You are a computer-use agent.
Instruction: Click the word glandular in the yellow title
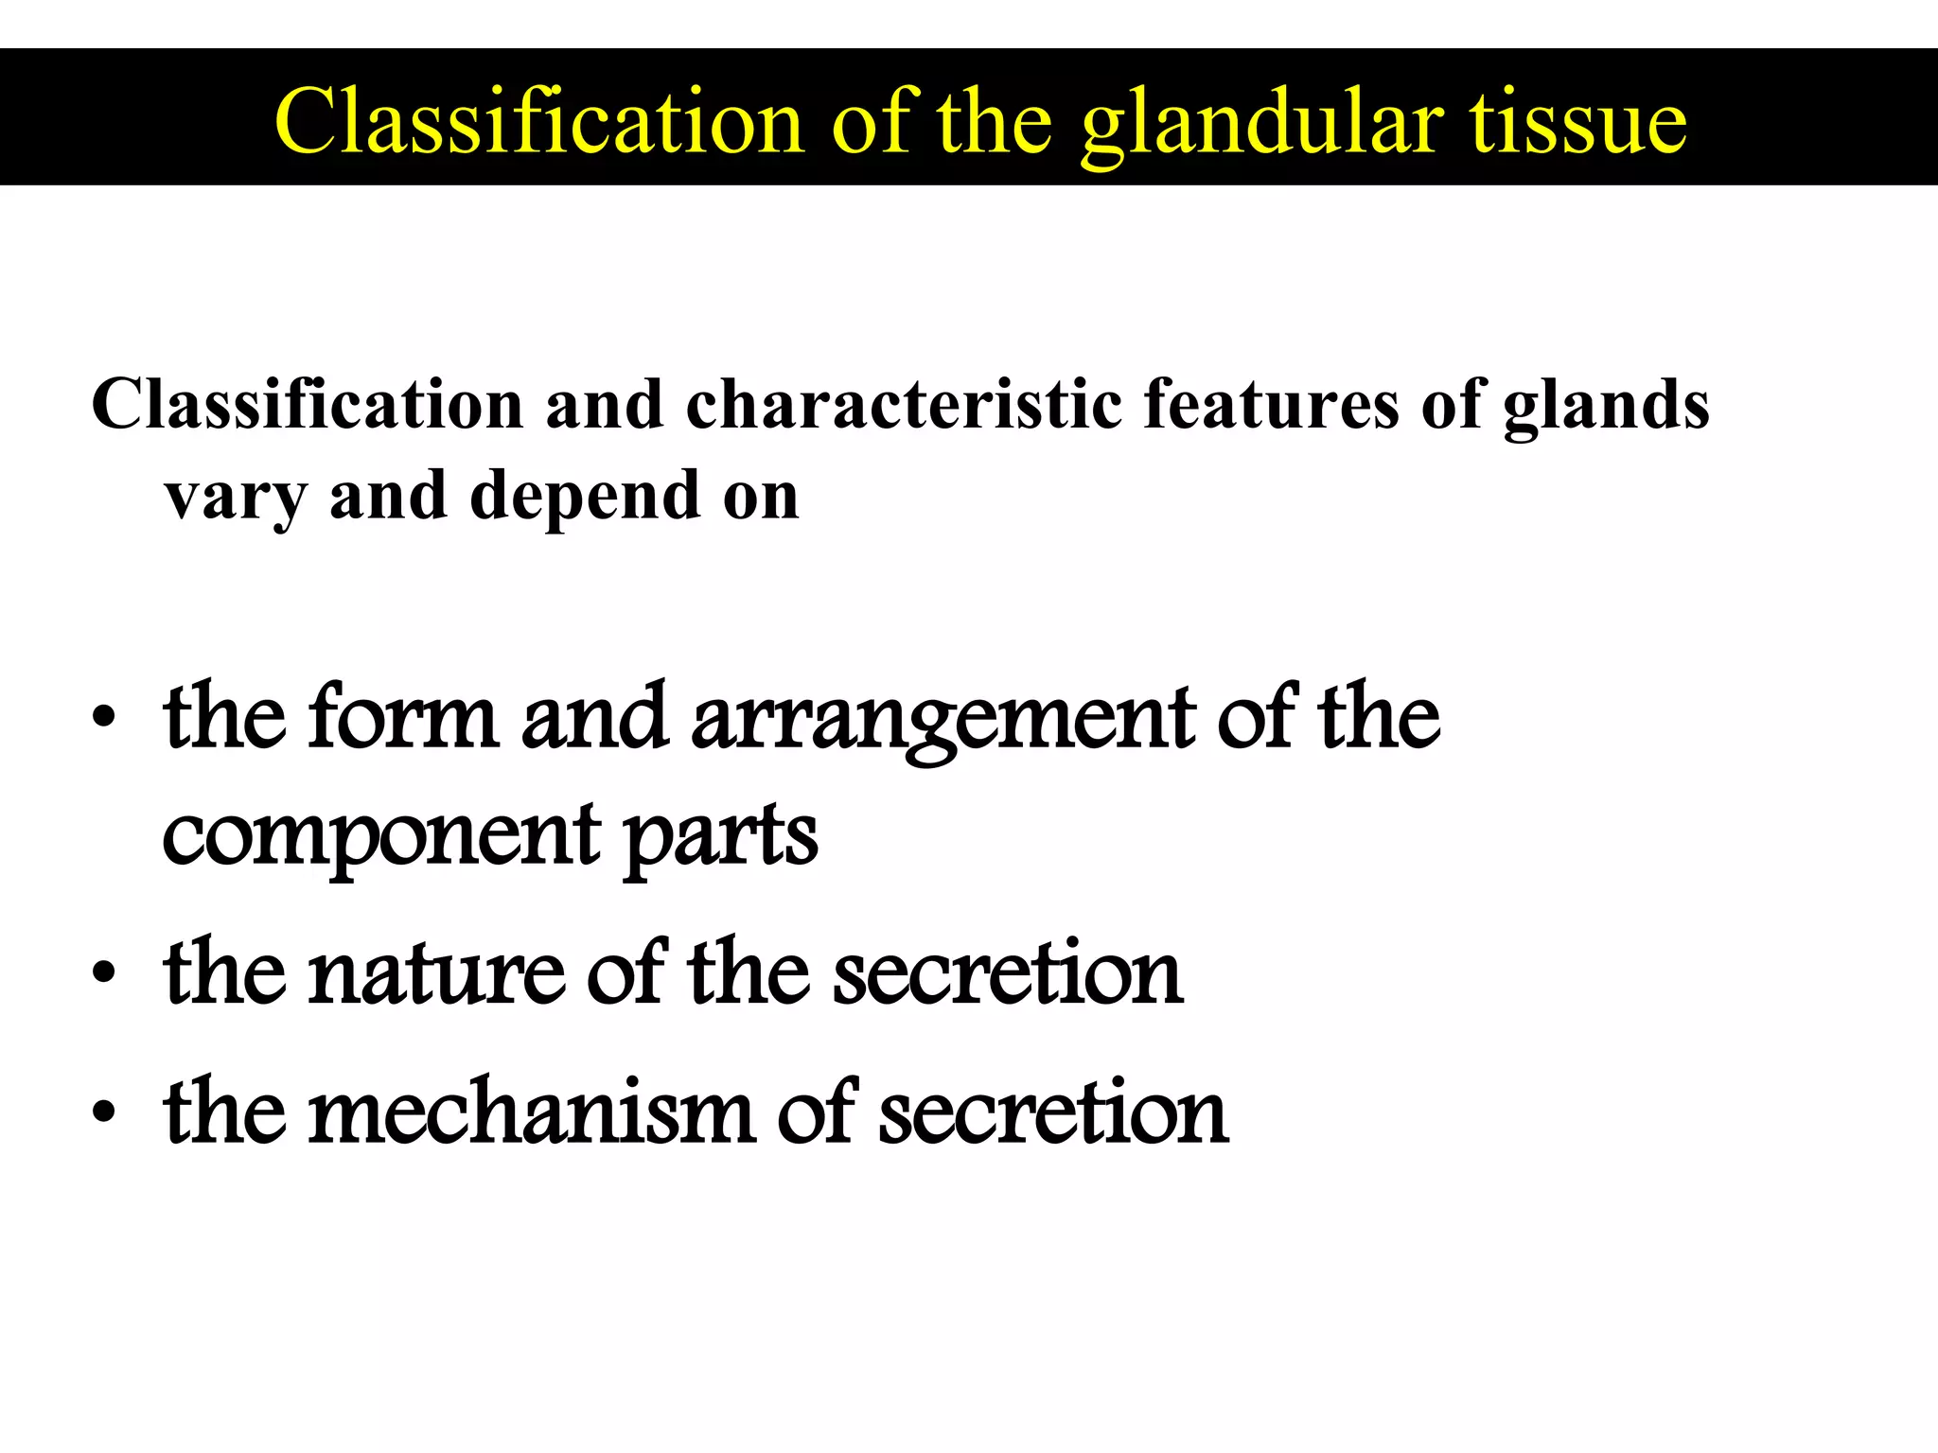point(1262,123)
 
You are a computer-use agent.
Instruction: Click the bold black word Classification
point(308,405)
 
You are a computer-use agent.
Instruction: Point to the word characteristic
point(904,405)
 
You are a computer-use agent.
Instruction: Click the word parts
point(721,836)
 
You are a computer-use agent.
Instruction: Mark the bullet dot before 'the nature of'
point(104,974)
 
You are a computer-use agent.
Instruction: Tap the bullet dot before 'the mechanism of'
point(104,1112)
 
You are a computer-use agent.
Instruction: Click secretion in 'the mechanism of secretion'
point(1053,1112)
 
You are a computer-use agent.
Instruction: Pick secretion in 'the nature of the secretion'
point(1008,974)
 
